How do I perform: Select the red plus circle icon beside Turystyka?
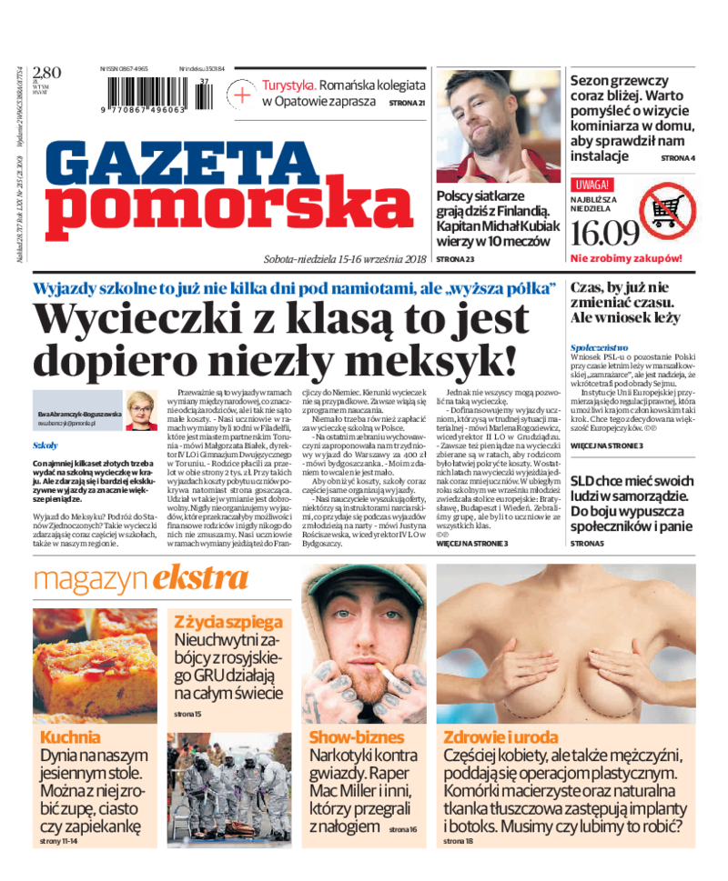(x=243, y=94)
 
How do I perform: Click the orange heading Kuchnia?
(x=70, y=737)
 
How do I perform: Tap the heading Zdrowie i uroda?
(x=500, y=737)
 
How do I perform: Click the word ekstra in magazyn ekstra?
(x=200, y=578)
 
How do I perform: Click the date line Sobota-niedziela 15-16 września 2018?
(x=345, y=258)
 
